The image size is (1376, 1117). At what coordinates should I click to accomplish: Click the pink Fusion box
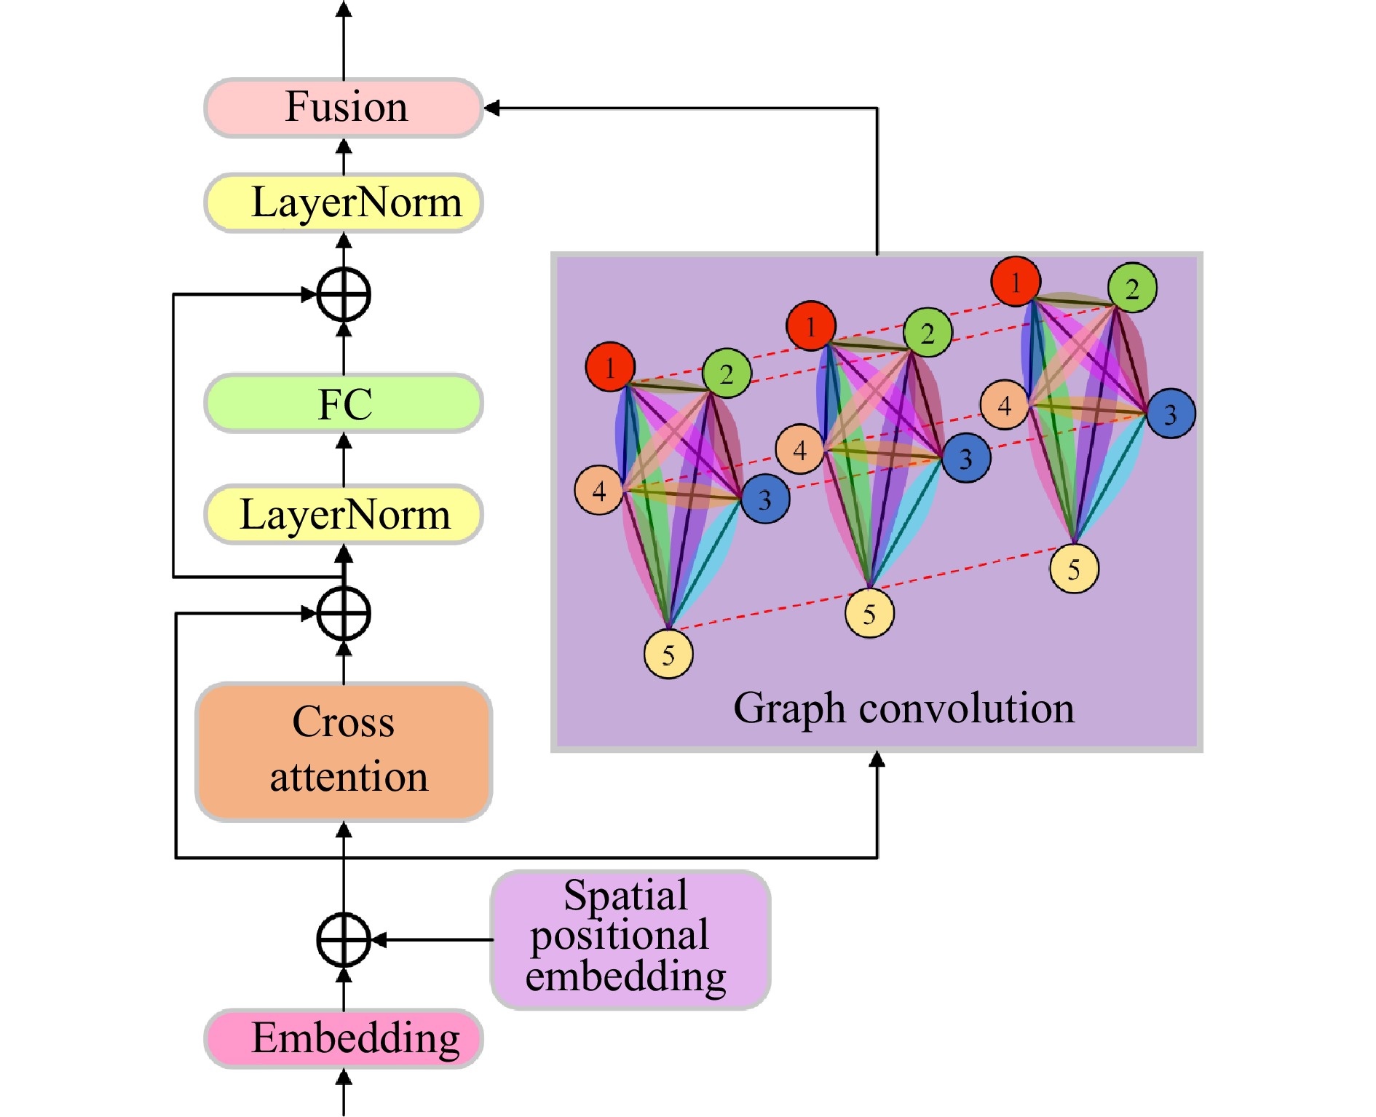coord(344,108)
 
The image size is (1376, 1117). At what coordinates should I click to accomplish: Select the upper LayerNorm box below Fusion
coord(344,202)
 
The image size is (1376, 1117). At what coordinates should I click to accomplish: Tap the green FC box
coord(344,403)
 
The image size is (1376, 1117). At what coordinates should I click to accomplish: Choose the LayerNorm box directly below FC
coord(344,514)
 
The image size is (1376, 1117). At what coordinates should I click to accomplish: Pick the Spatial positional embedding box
coord(630,939)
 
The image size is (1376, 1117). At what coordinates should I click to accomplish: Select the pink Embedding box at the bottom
coord(344,1038)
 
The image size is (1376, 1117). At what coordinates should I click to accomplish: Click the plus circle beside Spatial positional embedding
coord(344,939)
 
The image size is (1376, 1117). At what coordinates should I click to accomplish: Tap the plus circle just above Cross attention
coord(344,613)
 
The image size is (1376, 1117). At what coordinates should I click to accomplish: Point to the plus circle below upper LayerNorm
coord(344,294)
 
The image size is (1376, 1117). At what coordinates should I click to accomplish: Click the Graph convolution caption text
coord(904,708)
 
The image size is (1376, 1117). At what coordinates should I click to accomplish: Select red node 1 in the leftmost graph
coord(610,367)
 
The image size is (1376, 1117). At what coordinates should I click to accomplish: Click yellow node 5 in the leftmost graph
coord(668,654)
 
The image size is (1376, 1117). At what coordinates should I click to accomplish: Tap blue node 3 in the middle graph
coord(965,458)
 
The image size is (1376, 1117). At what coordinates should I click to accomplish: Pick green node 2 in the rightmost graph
coord(1132,288)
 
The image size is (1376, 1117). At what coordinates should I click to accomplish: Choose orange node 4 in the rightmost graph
coord(1005,405)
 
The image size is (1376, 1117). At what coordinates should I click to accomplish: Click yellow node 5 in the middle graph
coord(869,613)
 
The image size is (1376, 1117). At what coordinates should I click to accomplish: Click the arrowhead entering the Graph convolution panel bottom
coord(877,759)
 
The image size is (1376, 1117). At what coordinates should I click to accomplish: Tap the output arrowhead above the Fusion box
coord(344,9)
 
